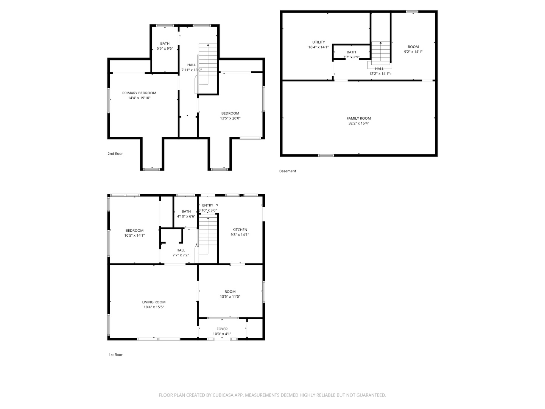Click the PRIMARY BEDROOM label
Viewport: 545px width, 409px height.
(139, 93)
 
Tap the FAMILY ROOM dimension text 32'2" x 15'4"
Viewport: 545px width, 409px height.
(358, 123)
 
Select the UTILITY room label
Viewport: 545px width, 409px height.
(318, 42)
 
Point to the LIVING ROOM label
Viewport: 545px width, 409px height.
(154, 302)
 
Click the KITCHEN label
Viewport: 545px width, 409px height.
(240, 230)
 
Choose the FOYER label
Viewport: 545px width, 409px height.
(222, 329)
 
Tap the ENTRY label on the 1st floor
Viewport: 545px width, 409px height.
(207, 205)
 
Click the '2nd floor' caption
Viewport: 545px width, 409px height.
(115, 153)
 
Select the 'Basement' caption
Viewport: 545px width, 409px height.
(288, 171)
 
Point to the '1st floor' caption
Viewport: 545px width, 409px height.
(115, 354)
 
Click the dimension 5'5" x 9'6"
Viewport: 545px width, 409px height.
(165, 48)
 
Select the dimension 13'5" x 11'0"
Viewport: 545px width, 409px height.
(230, 296)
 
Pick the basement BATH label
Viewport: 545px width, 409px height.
(351, 52)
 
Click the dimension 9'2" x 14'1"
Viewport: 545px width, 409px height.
(413, 52)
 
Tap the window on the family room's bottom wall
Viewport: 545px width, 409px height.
(326, 155)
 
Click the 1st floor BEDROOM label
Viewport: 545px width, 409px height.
(134, 231)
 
